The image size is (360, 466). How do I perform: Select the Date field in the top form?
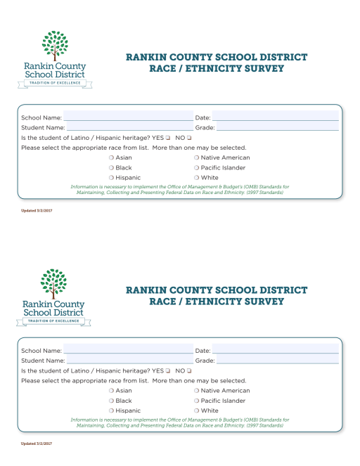coord(275,117)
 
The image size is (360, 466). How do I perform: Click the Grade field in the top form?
coord(277,127)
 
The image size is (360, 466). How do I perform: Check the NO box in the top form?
coord(188,138)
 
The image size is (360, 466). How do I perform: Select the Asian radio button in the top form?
coord(111,158)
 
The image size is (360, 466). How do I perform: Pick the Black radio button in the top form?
coord(111,168)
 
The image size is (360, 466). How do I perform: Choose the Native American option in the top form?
coord(196,158)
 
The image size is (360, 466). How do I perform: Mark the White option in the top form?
coord(196,178)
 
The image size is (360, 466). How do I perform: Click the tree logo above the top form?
coord(54,46)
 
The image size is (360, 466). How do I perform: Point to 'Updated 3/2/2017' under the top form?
coord(37,211)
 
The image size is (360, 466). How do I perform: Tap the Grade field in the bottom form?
coord(277,361)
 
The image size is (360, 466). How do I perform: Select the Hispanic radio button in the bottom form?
coord(111,410)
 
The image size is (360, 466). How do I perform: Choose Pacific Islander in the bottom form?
coord(196,401)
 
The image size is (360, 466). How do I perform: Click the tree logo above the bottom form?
coord(54,284)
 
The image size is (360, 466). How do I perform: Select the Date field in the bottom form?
coord(275,350)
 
